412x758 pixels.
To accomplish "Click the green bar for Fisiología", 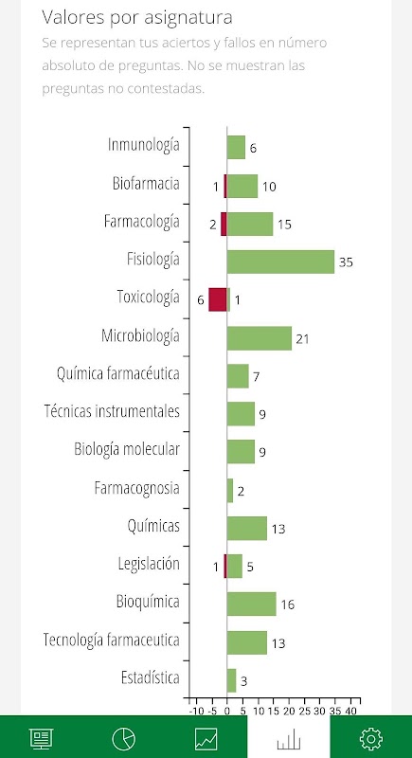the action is [x=280, y=262].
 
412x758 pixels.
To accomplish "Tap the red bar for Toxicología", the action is [x=217, y=299].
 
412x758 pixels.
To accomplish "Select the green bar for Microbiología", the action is [x=260, y=338].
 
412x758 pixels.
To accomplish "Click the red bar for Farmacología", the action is [x=224, y=224].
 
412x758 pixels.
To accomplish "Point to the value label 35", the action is [x=346, y=262].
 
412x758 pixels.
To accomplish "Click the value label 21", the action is [x=302, y=339].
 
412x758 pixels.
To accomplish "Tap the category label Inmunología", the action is [x=144, y=145].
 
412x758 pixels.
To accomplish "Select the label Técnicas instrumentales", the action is [x=112, y=411].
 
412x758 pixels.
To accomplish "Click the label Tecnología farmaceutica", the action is [x=112, y=640].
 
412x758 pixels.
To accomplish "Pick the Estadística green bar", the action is [x=231, y=680].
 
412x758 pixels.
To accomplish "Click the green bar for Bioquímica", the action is [x=252, y=605].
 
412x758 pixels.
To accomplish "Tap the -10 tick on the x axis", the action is [x=196, y=711].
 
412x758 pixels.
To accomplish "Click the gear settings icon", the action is [x=371, y=739].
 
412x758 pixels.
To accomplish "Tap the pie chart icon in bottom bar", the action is [x=124, y=739].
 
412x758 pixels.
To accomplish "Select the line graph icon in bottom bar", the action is [x=206, y=739].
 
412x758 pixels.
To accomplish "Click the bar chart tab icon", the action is [x=289, y=740].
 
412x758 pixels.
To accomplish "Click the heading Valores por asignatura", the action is [x=137, y=18].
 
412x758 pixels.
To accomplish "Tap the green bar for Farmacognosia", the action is [x=230, y=490].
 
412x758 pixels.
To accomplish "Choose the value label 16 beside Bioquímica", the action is [x=287, y=605].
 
